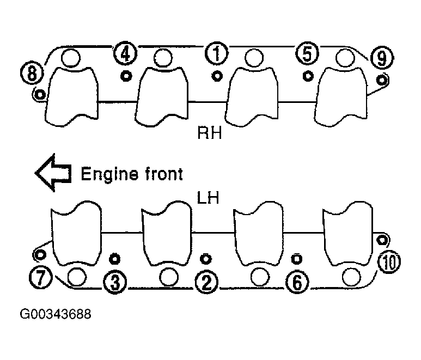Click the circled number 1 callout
[217, 54]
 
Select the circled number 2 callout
[207, 282]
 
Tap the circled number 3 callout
[115, 282]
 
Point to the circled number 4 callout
[125, 54]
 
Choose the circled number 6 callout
[297, 282]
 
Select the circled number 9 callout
[381, 57]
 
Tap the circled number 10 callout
[391, 263]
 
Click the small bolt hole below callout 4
[126, 75]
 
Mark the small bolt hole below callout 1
[217, 75]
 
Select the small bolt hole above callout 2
[205, 258]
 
